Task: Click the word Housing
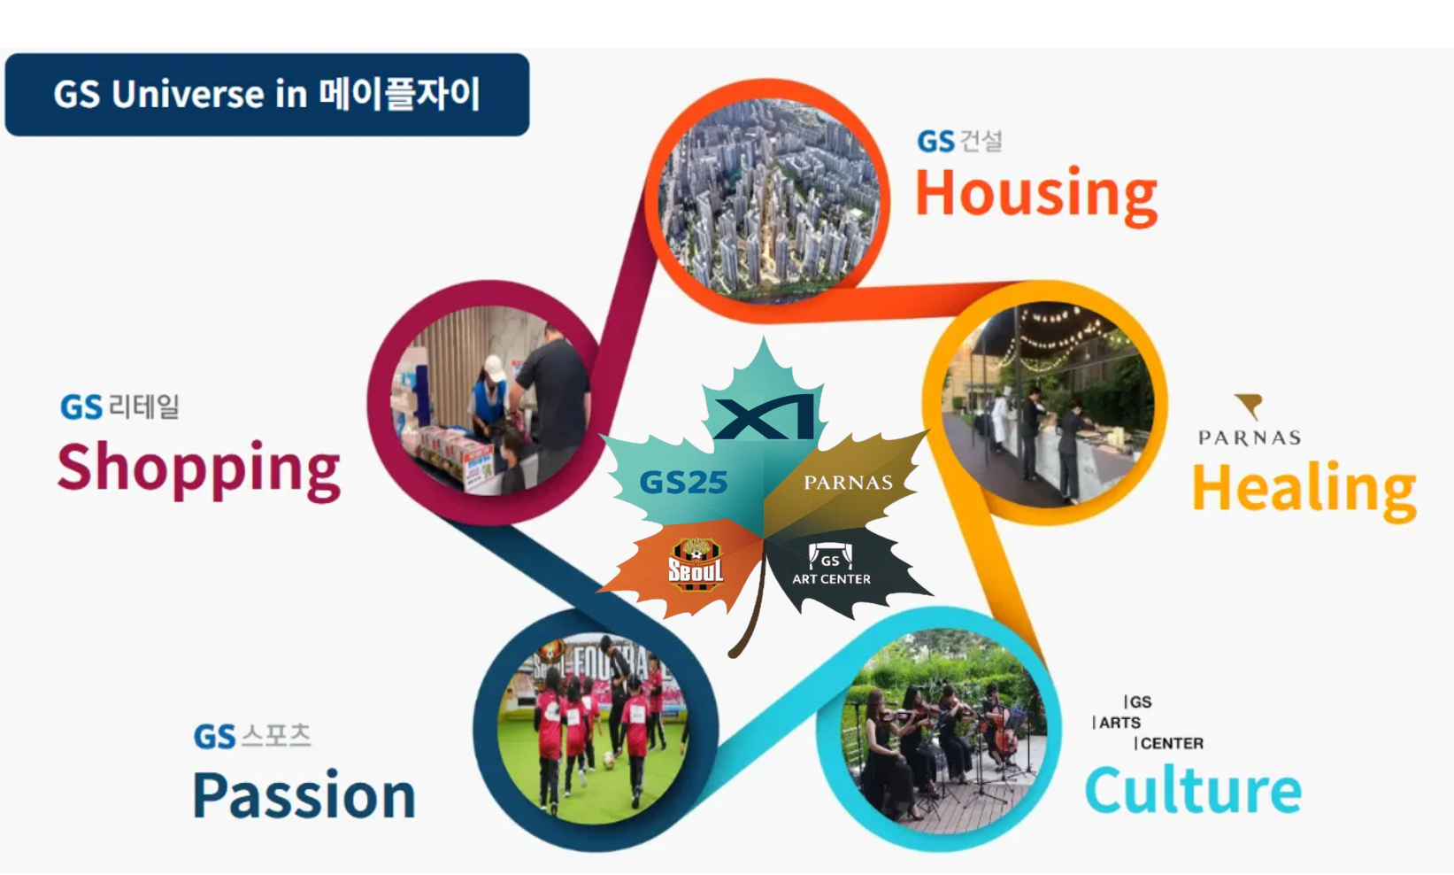[x=1036, y=195]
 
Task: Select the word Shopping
[x=198, y=469]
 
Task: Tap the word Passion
[x=304, y=795]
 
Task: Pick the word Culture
[x=1193, y=790]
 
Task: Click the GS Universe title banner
[x=266, y=95]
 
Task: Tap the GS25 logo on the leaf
[x=683, y=482]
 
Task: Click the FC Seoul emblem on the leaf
[x=696, y=564]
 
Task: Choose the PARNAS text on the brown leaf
[x=848, y=483]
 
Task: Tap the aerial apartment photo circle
[x=768, y=200]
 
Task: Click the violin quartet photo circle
[x=939, y=730]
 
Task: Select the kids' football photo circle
[x=596, y=729]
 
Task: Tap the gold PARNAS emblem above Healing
[x=1249, y=407]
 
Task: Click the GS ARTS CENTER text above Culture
[x=1148, y=723]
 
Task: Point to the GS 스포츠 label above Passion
[x=252, y=736]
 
